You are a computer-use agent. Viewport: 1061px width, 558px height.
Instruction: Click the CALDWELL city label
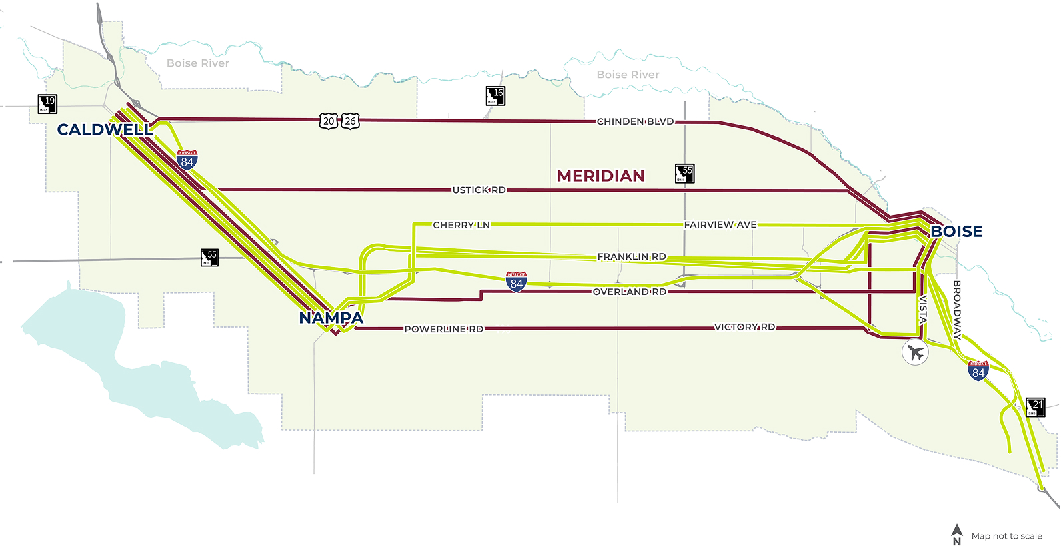point(105,129)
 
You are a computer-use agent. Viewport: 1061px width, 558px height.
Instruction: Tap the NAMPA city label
point(331,318)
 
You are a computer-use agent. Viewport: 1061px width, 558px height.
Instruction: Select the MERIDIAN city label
point(601,176)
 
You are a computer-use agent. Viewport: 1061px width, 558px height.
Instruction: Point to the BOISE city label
point(956,232)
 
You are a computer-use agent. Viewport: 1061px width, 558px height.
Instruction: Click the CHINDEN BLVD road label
point(635,121)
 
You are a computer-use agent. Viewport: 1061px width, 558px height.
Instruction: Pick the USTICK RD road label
point(479,190)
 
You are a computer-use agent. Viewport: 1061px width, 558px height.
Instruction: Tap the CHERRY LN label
point(461,225)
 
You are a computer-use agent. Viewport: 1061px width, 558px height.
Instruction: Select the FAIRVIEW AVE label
point(720,225)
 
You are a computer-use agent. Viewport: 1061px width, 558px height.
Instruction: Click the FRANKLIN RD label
point(632,256)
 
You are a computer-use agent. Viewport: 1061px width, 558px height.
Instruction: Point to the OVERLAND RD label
point(629,292)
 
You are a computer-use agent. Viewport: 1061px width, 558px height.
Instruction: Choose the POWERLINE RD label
point(443,329)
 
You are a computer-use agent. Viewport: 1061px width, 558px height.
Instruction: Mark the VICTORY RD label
point(744,327)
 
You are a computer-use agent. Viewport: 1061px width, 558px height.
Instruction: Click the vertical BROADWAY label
point(957,310)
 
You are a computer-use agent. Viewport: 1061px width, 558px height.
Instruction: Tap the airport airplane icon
point(915,352)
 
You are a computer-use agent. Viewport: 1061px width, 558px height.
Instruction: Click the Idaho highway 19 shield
point(47,104)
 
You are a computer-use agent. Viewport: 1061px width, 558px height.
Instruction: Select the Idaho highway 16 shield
point(495,96)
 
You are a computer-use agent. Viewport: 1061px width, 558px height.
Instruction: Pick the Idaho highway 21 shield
point(1035,407)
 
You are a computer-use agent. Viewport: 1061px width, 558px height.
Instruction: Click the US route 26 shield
point(351,121)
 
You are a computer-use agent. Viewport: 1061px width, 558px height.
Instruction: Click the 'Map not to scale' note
point(1006,536)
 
